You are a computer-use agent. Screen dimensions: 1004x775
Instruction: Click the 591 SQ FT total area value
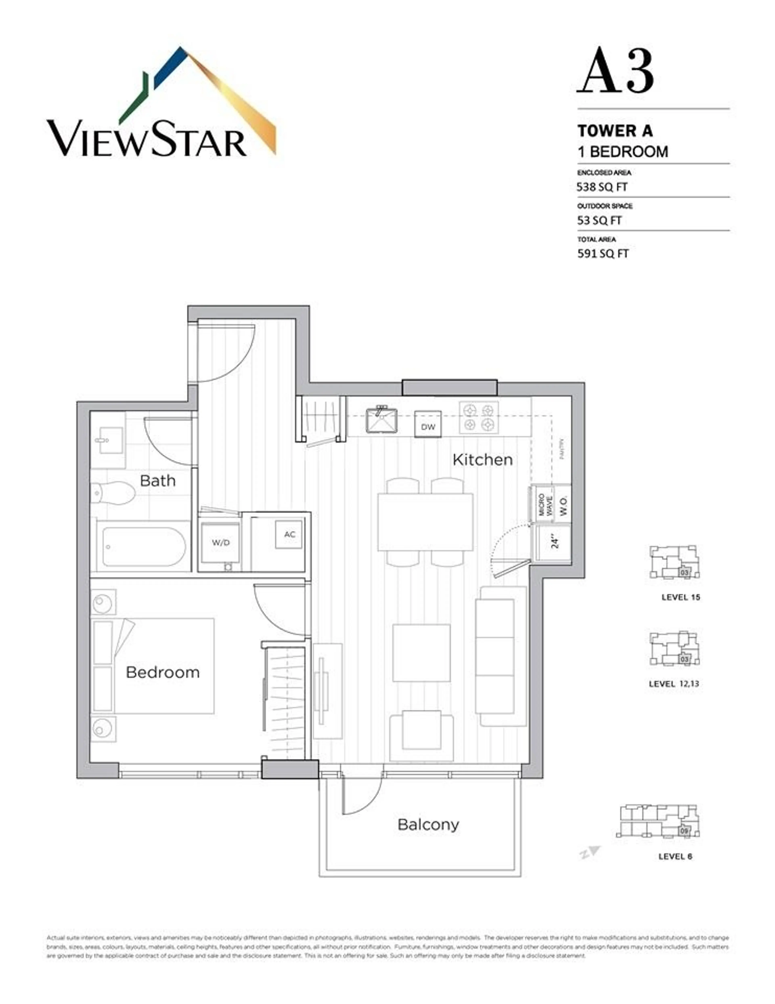tap(602, 254)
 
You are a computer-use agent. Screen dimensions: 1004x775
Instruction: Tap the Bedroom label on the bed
tap(163, 673)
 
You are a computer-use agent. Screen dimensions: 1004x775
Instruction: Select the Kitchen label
tap(482, 460)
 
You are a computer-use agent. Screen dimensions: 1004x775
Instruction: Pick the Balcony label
tap(428, 824)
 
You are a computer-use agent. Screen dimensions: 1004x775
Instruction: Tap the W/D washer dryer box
tap(221, 542)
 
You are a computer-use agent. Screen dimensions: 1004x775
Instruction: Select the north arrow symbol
tap(590, 853)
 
